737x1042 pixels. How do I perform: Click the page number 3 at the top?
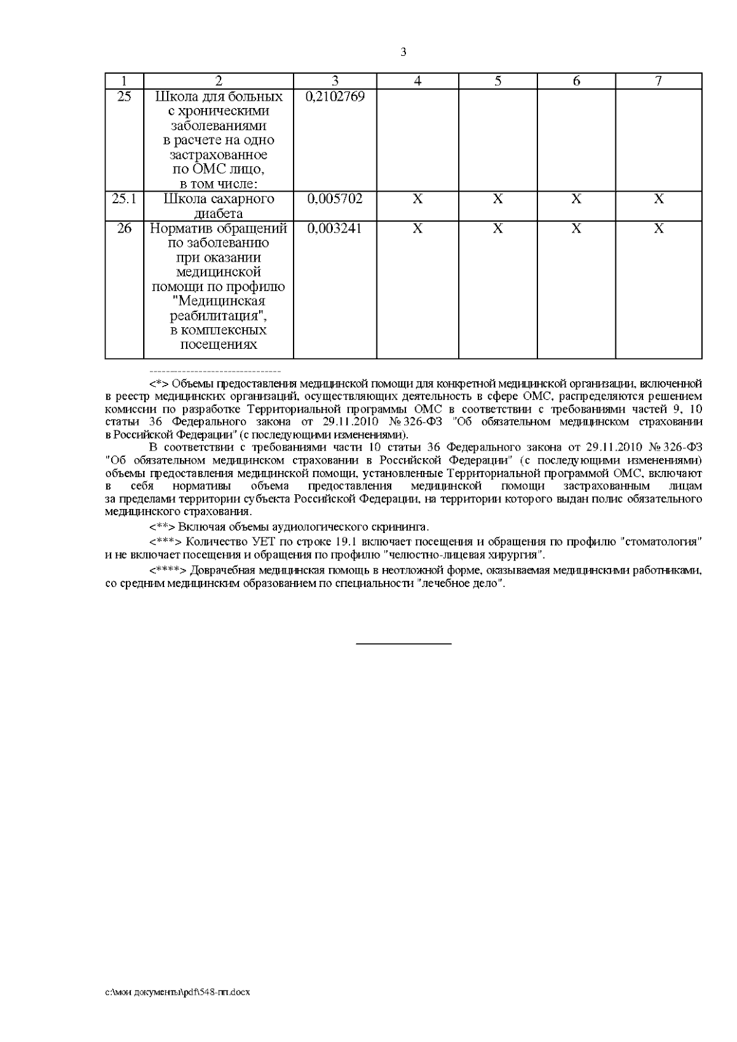point(403,52)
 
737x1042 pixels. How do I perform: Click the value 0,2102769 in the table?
point(335,97)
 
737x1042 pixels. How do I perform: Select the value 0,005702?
point(335,199)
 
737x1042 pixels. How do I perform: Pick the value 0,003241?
point(335,228)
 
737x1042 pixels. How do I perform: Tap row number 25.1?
point(124,199)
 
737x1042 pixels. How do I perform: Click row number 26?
point(124,228)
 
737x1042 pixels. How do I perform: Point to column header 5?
point(497,81)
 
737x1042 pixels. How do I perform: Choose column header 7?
point(658,81)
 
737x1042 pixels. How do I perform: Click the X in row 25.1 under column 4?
point(417,199)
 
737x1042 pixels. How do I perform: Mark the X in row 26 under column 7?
point(658,228)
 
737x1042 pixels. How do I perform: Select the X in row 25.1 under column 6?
point(576,199)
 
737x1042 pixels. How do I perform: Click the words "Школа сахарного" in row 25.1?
point(218,199)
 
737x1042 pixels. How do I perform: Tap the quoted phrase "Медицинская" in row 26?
point(219,301)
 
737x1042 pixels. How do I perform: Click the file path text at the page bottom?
point(177,992)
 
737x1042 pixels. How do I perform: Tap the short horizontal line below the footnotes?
point(404,643)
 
